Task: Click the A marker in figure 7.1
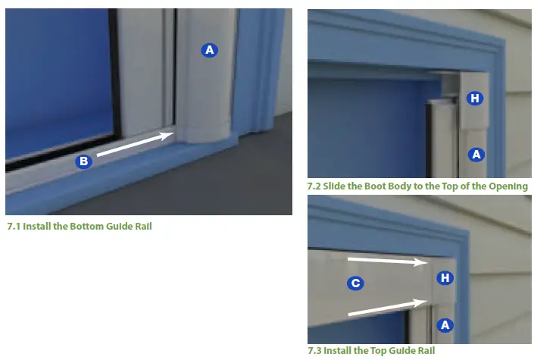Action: click(209, 50)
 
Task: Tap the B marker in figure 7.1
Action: click(84, 161)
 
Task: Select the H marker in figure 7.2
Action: click(474, 98)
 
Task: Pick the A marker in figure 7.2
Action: click(476, 154)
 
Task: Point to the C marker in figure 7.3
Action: click(354, 283)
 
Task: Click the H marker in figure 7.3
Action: click(445, 278)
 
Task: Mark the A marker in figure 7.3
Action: click(445, 324)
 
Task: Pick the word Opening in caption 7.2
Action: click(507, 186)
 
